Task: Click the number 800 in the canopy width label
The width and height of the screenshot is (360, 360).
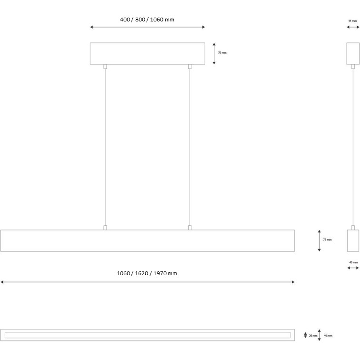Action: pyautogui.click(x=140, y=20)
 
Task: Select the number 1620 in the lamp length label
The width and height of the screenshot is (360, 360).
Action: pyautogui.click(x=141, y=273)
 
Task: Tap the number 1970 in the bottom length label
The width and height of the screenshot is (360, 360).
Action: pyautogui.click(x=160, y=273)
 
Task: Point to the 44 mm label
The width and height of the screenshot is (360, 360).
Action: pyautogui.click(x=352, y=21)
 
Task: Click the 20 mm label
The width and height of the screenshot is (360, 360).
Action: pyautogui.click(x=313, y=336)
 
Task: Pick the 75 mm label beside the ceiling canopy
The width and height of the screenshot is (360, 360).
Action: pyautogui.click(x=222, y=53)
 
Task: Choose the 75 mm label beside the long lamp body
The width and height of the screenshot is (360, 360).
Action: pyautogui.click(x=328, y=240)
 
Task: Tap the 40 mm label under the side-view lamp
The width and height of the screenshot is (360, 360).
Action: pyautogui.click(x=353, y=262)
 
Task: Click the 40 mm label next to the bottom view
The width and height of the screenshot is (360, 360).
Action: pyautogui.click(x=328, y=336)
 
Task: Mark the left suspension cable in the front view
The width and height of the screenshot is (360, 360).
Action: pyautogui.click(x=105, y=147)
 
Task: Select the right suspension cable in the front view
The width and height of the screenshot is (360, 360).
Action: pyautogui.click(x=190, y=147)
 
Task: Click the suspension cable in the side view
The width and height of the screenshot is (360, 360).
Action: pyautogui.click(x=353, y=147)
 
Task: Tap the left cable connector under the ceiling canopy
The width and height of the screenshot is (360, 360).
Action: pyautogui.click(x=105, y=67)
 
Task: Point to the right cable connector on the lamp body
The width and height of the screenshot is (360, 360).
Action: pyautogui.click(x=190, y=228)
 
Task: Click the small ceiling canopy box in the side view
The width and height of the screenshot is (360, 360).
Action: pyautogui.click(x=353, y=53)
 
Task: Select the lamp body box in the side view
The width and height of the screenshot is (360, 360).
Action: pyautogui.click(x=353, y=240)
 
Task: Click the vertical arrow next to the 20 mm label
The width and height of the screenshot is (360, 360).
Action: pyautogui.click(x=305, y=335)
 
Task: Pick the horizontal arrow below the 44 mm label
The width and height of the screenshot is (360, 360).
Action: pyautogui.click(x=353, y=27)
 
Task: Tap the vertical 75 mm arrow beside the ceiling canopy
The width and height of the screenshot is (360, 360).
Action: pyautogui.click(x=214, y=53)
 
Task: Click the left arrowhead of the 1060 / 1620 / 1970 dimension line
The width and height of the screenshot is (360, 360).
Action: pyautogui.click(x=2, y=282)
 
